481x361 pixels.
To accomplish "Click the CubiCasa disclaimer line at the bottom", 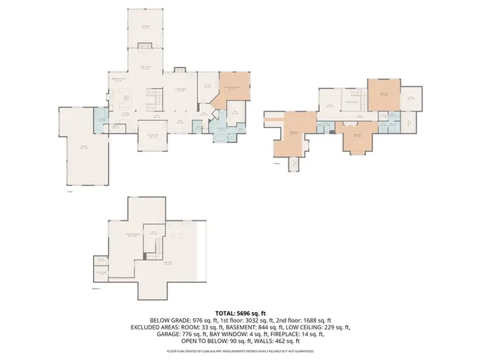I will [240, 351].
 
